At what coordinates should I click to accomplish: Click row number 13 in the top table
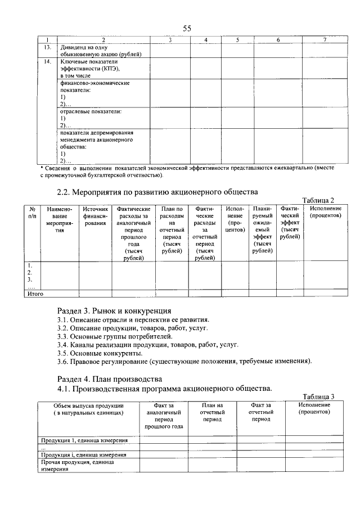(x=48, y=47)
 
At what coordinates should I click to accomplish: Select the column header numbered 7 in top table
(x=324, y=39)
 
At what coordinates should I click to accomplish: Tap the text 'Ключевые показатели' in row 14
(x=87, y=60)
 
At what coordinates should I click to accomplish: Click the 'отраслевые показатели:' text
(x=91, y=111)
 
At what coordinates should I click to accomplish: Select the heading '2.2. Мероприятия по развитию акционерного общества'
(x=157, y=192)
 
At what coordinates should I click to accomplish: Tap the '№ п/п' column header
(x=32, y=212)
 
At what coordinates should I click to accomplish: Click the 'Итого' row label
(x=35, y=293)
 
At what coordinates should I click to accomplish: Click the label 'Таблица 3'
(x=318, y=397)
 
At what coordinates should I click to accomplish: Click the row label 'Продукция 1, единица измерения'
(x=83, y=440)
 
